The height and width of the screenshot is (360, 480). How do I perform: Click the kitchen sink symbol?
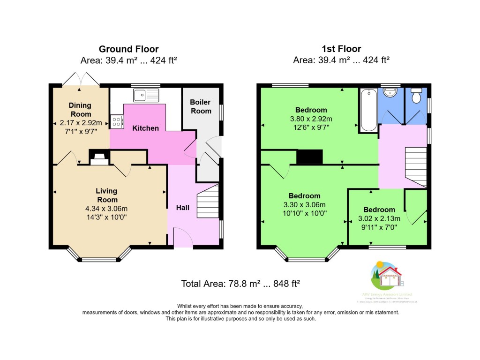point(147,96)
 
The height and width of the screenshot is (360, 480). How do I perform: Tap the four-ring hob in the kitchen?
point(117,122)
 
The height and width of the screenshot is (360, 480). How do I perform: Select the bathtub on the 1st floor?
point(368,110)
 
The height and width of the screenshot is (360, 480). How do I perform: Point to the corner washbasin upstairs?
point(390,94)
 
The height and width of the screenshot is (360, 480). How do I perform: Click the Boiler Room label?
point(200,106)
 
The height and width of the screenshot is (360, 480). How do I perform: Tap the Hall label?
point(182,207)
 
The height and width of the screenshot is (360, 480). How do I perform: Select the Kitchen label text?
point(145,128)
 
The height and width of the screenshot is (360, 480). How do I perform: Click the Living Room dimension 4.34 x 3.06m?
point(106,209)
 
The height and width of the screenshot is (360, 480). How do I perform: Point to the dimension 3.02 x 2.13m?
point(379,218)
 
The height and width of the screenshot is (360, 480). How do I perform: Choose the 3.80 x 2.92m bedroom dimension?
point(311,119)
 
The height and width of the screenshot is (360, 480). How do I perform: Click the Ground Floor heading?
point(128,49)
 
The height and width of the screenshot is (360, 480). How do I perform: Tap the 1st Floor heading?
point(341,49)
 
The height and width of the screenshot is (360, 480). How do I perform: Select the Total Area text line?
point(240,284)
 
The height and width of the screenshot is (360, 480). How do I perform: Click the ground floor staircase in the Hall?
point(208,199)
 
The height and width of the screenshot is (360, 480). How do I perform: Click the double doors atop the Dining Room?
point(81,79)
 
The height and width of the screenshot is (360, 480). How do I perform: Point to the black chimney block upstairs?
point(310,157)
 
